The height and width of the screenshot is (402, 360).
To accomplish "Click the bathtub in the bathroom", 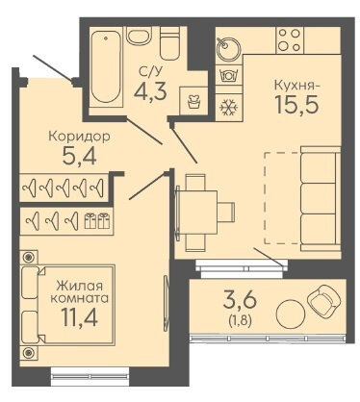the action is click(x=106, y=67).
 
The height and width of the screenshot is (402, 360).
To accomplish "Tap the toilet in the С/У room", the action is click(x=169, y=43).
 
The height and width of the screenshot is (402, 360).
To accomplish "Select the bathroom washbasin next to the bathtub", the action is click(x=139, y=36).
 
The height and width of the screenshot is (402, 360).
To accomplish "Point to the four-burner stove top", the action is click(x=290, y=40).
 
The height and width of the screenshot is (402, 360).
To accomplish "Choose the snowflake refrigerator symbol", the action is click(x=228, y=107).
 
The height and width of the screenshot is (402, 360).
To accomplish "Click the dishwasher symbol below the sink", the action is click(x=228, y=76).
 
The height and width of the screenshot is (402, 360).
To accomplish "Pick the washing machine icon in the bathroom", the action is click(x=193, y=101).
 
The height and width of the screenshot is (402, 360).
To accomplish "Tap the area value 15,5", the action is click(x=297, y=105).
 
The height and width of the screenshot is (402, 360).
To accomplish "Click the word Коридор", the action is click(x=79, y=137).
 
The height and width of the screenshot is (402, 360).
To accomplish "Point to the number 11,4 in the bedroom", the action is click(x=80, y=317).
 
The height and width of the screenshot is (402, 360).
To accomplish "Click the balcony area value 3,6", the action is click(x=240, y=301).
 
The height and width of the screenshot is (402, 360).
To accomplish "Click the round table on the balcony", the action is click(x=291, y=314).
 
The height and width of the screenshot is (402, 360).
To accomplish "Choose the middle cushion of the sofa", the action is click(x=320, y=199).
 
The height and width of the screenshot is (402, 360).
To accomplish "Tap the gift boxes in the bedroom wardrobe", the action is click(x=96, y=221).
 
